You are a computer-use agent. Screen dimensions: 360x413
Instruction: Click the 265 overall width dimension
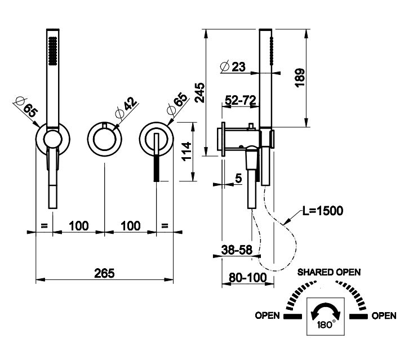pyautogui.click(x=104, y=273)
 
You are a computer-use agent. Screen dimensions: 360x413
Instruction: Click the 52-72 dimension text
pyautogui.click(x=241, y=100)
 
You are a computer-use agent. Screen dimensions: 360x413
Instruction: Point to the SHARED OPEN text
pyautogui.click(x=329, y=272)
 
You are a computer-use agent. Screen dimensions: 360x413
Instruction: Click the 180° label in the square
pyautogui.click(x=326, y=325)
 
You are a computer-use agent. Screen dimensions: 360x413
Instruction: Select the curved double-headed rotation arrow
pyautogui.click(x=325, y=312)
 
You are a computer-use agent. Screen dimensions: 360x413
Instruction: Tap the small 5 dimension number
pyautogui.click(x=238, y=179)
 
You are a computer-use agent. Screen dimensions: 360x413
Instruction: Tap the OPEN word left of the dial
pyautogui.click(x=267, y=315)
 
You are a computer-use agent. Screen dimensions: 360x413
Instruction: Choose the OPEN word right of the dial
pyautogui.click(x=384, y=315)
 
